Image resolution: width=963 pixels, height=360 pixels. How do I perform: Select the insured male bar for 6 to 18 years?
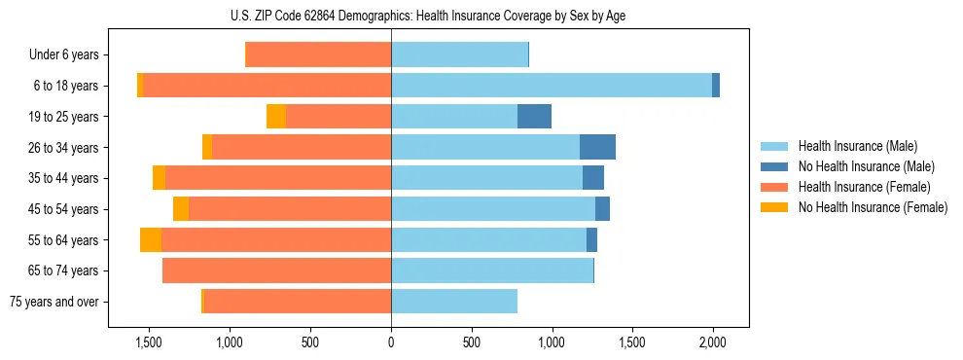pos(551,86)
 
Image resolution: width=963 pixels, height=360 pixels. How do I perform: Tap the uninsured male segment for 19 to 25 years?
pos(534,117)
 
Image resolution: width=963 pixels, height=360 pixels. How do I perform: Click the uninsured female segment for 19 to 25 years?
pos(276,117)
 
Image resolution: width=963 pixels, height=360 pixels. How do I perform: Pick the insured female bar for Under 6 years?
pos(318,54)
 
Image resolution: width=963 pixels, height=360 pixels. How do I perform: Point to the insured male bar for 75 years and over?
pos(453,302)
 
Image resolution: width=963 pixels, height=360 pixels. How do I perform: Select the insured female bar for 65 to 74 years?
pos(276,270)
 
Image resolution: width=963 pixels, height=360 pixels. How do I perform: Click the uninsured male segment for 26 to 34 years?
pos(597,147)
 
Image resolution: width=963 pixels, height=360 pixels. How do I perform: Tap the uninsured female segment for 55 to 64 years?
pos(151,240)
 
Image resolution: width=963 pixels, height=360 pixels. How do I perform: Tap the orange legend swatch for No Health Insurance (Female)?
pos(775,207)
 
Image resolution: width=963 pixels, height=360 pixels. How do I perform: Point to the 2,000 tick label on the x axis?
pos(712,342)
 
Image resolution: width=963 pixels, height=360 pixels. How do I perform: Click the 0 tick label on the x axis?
pos(391,342)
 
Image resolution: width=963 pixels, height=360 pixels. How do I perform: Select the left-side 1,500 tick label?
pos(149,342)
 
